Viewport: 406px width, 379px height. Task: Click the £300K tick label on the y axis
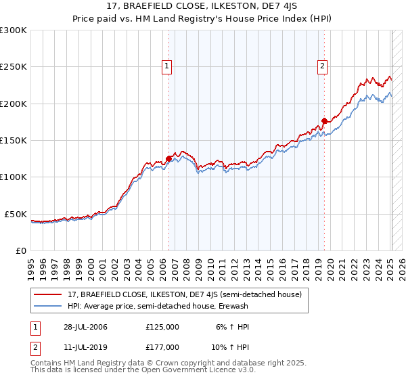[x=14, y=30]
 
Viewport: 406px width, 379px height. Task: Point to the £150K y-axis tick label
[x=14, y=140]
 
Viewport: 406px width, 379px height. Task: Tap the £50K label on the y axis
[x=16, y=214]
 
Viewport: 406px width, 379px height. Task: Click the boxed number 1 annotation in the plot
[x=166, y=66]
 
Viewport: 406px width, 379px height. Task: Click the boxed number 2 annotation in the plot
[x=322, y=66]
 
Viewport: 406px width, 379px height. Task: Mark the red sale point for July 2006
[x=168, y=159]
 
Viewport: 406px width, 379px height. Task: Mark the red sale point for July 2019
[x=324, y=121]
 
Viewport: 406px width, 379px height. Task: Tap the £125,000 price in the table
[x=162, y=327]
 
